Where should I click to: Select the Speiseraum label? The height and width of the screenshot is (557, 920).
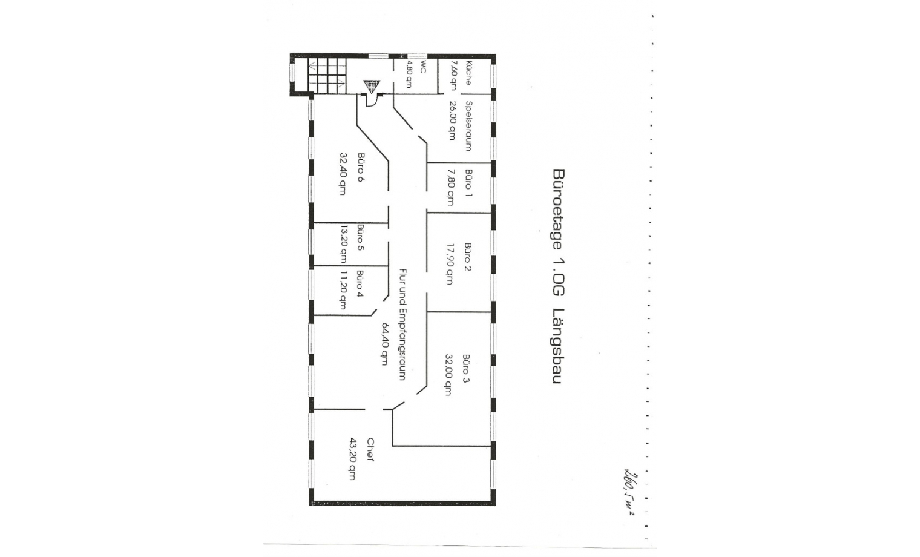[468, 126]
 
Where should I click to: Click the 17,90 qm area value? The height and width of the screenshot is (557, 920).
[450, 263]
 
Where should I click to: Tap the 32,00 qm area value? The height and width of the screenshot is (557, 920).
[448, 374]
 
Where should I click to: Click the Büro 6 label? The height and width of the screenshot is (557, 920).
[361, 167]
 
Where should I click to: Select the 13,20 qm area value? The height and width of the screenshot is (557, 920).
[343, 244]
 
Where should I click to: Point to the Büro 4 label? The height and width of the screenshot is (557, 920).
[360, 284]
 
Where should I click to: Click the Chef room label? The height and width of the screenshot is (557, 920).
[370, 450]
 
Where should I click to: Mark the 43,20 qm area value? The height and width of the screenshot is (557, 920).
[352, 458]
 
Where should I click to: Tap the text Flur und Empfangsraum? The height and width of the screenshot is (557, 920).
[402, 325]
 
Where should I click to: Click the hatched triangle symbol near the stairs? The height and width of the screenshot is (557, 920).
[370, 87]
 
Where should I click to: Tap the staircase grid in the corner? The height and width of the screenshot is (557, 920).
[327, 74]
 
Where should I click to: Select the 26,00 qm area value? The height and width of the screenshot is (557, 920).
[452, 120]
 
